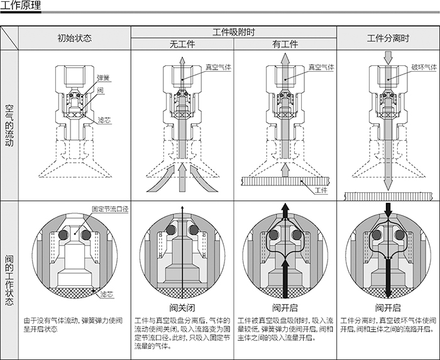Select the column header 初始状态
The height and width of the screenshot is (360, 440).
74,38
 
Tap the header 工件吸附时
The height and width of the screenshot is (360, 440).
233,31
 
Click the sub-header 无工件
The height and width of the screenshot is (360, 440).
182,45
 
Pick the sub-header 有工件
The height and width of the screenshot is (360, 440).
285,45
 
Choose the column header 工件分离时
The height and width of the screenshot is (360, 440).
388,38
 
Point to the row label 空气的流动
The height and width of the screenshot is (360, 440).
9,125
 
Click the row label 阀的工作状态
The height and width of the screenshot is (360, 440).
9,280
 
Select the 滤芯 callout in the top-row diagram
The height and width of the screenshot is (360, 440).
104,119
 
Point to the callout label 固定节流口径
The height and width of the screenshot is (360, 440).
110,209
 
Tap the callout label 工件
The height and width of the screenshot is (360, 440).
321,190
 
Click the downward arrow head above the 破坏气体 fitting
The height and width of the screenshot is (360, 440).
388,61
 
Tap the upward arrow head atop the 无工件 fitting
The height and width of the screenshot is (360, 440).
182,60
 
